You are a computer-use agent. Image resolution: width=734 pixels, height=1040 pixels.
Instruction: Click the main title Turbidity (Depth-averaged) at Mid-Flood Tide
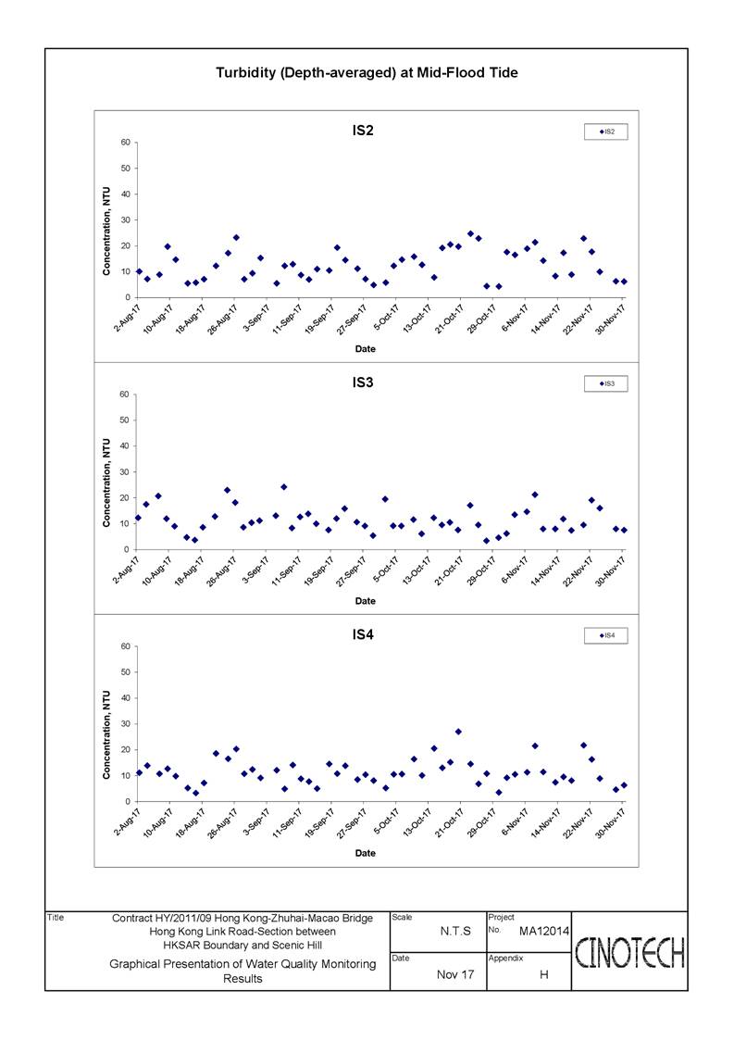[x=367, y=73]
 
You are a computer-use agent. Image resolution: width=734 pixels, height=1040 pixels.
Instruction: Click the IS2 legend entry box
[x=605, y=132]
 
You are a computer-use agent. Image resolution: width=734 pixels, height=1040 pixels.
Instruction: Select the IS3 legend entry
[x=605, y=383]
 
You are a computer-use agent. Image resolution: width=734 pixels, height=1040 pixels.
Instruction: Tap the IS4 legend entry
[x=605, y=635]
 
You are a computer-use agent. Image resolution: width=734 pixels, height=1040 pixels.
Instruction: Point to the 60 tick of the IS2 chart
[x=125, y=143]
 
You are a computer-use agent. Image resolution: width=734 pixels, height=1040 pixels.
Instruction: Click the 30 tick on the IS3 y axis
[x=125, y=472]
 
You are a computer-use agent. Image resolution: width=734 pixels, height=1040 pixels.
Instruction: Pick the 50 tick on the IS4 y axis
[x=125, y=672]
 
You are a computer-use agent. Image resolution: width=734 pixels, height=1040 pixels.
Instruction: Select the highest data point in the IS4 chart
[x=458, y=732]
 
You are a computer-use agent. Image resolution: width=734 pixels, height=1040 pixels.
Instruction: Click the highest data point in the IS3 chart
[x=284, y=487]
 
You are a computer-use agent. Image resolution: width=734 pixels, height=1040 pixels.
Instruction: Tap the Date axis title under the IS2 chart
[x=366, y=349]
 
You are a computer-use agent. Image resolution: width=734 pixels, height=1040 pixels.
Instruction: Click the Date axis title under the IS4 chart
[x=366, y=853]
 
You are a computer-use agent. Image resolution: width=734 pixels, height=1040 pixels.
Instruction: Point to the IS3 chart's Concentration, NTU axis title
[x=106, y=482]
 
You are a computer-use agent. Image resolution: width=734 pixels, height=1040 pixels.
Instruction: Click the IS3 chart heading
[x=363, y=382]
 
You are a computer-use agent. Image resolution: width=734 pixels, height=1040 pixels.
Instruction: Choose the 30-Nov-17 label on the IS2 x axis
[x=611, y=320]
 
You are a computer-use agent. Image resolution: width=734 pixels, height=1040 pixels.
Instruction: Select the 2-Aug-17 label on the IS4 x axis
[x=127, y=821]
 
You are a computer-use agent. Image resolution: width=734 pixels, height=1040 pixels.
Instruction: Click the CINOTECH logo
[x=629, y=953]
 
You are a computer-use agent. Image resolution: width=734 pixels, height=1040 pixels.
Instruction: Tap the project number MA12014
[x=543, y=932]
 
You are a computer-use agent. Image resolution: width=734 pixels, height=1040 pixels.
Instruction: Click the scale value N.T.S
[x=455, y=932]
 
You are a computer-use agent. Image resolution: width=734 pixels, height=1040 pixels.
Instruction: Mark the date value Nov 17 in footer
[x=455, y=974]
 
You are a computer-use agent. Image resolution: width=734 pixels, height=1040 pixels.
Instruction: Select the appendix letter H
[x=543, y=974]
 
